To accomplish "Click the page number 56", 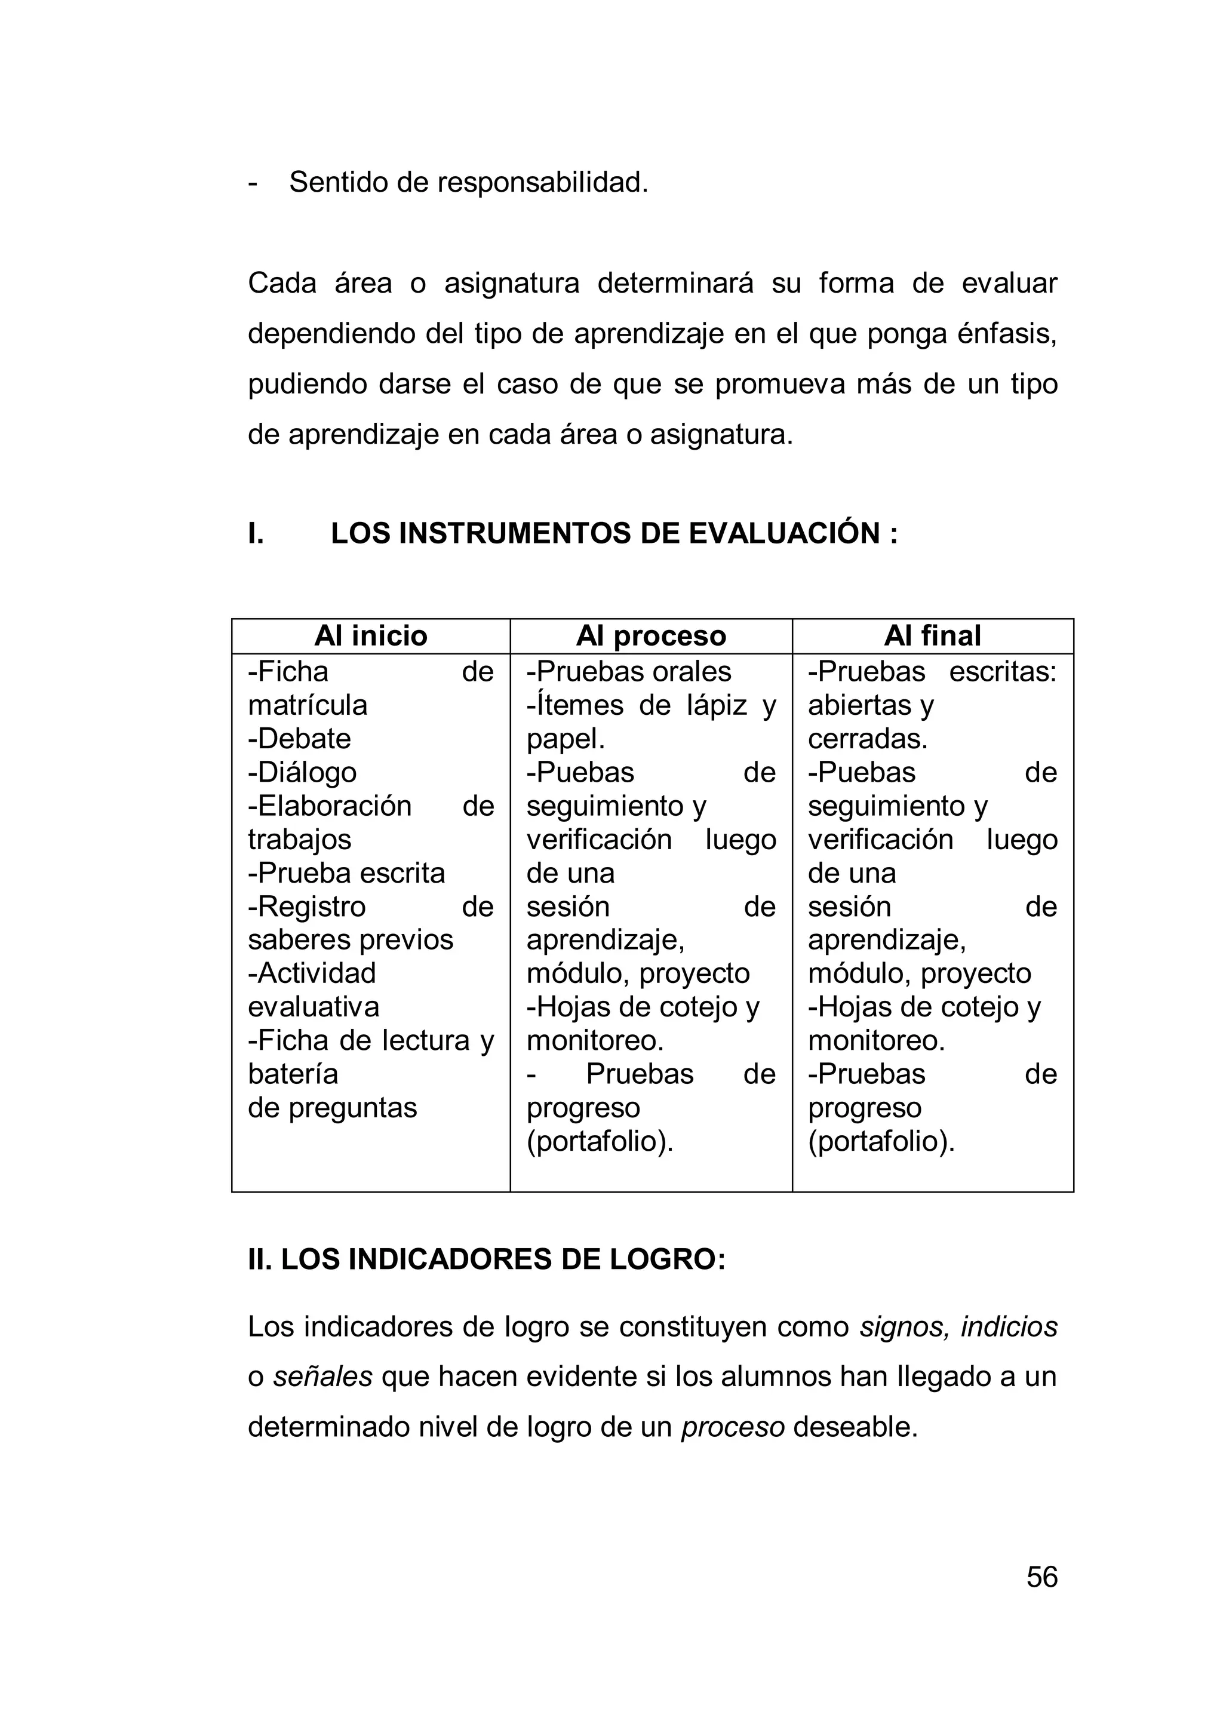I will tap(1041, 1577).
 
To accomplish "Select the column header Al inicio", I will tap(370, 636).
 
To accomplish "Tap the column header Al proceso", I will tap(651, 636).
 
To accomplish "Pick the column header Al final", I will tap(932, 636).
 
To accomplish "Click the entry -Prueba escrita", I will tap(346, 873).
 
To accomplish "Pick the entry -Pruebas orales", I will tap(629, 671).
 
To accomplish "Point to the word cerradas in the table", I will tap(867, 739).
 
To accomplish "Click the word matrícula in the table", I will tap(308, 705).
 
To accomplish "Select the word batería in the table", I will tap(293, 1074).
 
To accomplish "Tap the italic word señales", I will tap(322, 1377).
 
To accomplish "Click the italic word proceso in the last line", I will tap(733, 1427).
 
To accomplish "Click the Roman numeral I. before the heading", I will tap(256, 534).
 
